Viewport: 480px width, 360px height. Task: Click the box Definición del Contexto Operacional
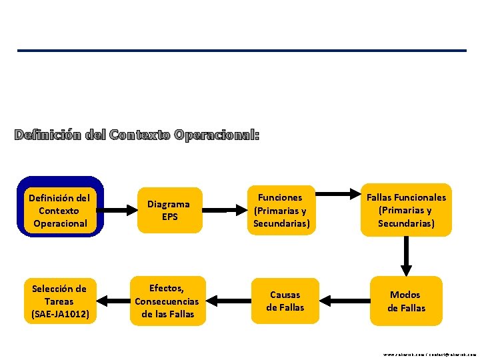click(60, 210)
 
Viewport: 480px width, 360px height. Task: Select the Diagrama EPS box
click(169, 210)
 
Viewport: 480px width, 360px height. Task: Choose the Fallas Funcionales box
click(406, 210)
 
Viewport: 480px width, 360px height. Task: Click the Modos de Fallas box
click(406, 301)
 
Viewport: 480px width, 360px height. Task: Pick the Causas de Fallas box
click(285, 301)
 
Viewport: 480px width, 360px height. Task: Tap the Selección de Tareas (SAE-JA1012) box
click(60, 301)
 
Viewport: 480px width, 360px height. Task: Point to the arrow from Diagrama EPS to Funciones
click(227, 211)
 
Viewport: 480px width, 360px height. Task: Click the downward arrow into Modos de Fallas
click(406, 256)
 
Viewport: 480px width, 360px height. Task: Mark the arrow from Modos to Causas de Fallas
click(344, 301)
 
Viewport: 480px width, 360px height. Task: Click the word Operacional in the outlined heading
click(216, 135)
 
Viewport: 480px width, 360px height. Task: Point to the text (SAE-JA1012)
click(60, 313)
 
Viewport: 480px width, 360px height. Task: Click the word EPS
click(169, 217)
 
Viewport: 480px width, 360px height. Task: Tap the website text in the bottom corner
click(429, 355)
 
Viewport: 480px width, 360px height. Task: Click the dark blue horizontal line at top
click(241, 51)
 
